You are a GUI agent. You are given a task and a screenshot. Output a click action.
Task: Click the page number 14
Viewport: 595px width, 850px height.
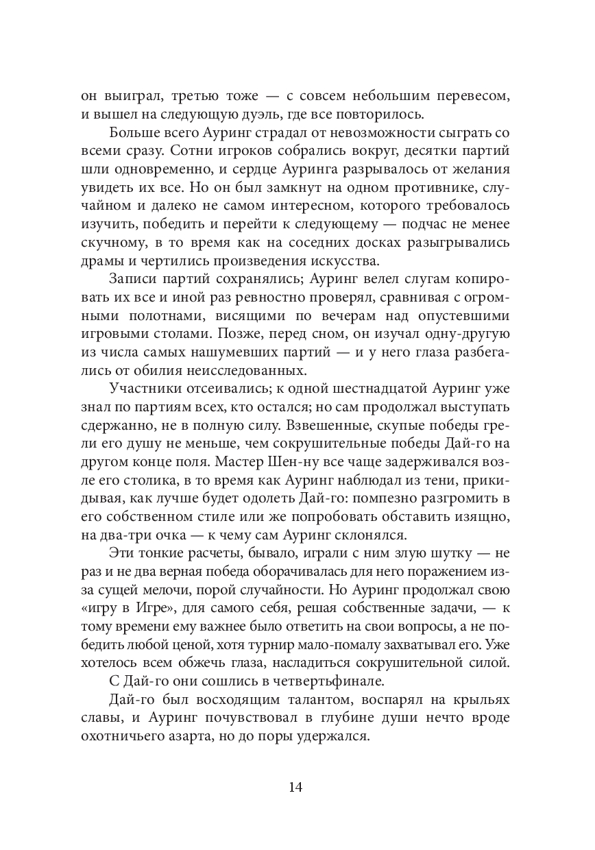point(296,786)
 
